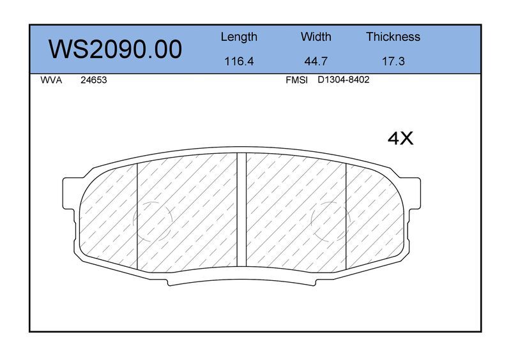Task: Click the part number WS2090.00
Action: (x=115, y=49)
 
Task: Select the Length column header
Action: (x=239, y=37)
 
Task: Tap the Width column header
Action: (x=316, y=36)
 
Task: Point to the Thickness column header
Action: (x=393, y=36)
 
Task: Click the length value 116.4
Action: (x=239, y=61)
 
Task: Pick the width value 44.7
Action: (x=316, y=61)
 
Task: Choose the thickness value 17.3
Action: (x=393, y=61)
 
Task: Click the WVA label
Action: (x=51, y=80)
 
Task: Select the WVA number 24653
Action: (x=93, y=80)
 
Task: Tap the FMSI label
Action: (x=296, y=80)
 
